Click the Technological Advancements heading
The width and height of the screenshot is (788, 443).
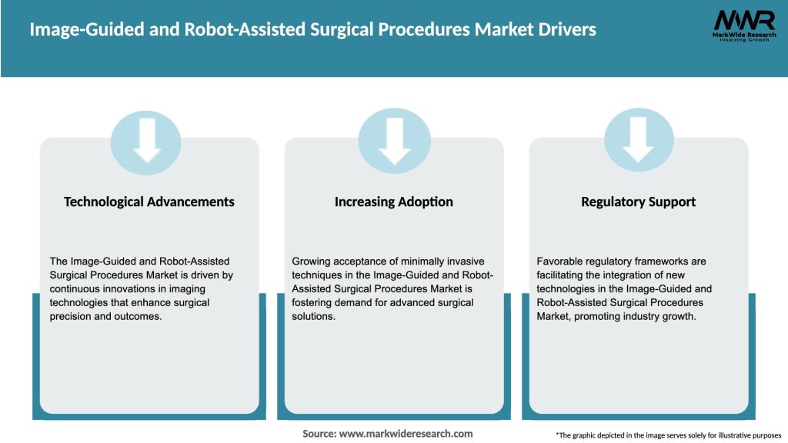tap(149, 202)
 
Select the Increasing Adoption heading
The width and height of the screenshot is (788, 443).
tap(394, 202)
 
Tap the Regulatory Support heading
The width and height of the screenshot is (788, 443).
tap(639, 202)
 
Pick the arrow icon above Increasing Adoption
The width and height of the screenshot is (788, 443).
tap(394, 138)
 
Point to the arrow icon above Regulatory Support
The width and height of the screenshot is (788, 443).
tap(639, 138)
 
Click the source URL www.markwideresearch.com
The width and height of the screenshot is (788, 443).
tap(406, 434)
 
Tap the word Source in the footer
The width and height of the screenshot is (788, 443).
tap(319, 434)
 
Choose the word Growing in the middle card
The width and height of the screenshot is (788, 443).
tap(312, 261)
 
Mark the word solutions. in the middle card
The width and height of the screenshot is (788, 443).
tap(314, 317)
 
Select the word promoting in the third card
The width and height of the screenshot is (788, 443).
tap(596, 317)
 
